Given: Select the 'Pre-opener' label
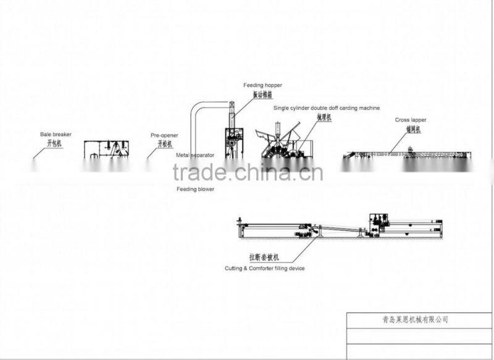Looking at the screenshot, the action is pos(163,133).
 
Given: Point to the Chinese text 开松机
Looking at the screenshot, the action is pos(164,143).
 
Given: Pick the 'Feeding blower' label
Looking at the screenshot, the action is pos(195,189).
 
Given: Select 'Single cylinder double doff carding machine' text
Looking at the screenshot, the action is pos(326,107).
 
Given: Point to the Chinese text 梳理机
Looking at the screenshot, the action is pos(324,117).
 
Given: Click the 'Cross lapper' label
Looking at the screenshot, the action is pos(411,120).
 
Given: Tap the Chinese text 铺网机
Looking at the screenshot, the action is pos(412,130).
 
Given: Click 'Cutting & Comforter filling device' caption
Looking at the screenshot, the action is pos(264,269).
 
